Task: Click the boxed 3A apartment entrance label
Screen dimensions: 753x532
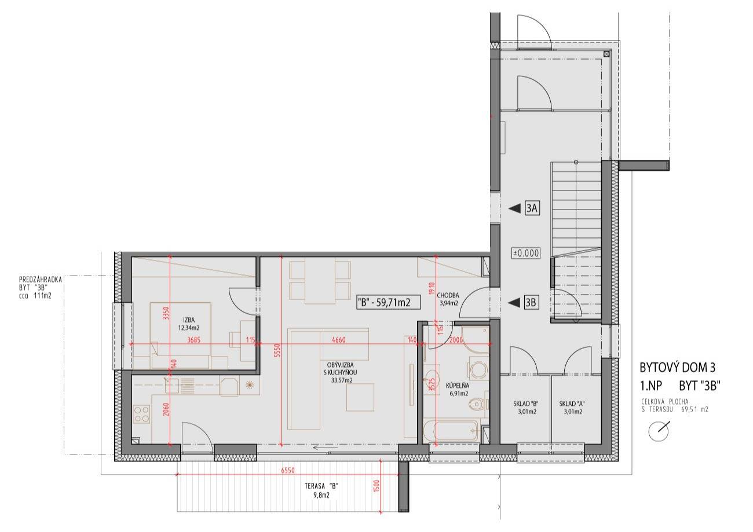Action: (532, 208)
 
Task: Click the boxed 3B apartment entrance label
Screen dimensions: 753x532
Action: (531, 303)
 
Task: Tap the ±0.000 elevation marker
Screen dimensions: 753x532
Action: (526, 253)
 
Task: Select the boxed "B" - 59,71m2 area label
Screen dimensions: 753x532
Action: (388, 302)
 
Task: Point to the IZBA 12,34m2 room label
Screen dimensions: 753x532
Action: (189, 324)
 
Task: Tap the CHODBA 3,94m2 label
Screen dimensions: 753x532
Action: (448, 299)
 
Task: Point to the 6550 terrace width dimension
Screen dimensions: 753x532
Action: (288, 470)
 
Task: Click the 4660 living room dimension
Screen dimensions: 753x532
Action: (338, 340)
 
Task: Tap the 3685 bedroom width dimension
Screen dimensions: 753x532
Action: (193, 340)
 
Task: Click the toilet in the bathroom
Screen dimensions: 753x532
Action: (478, 404)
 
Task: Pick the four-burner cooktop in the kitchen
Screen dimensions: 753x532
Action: (141, 414)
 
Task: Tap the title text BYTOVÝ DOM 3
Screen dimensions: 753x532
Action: (677, 368)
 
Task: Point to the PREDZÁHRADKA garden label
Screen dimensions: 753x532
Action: (41, 280)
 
